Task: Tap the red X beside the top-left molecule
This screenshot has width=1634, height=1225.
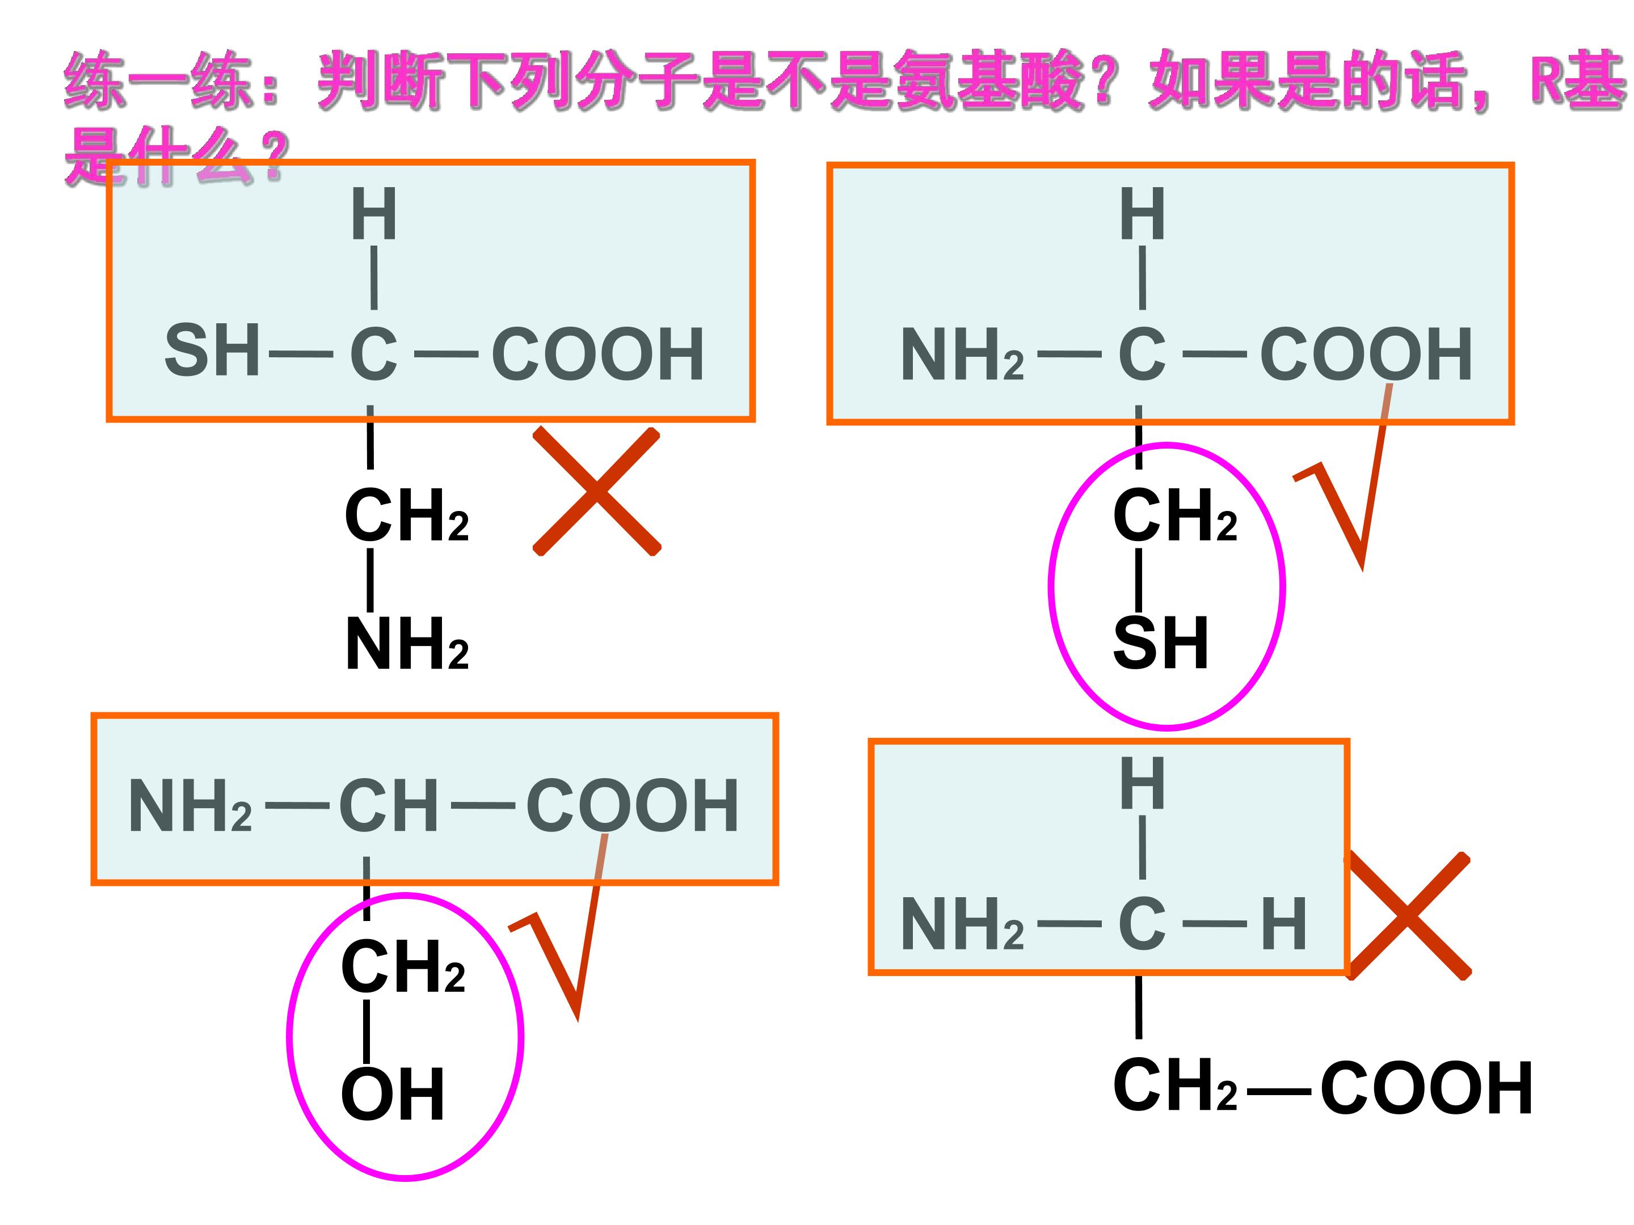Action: click(x=597, y=491)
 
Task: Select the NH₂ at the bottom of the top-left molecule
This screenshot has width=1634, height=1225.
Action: click(x=407, y=644)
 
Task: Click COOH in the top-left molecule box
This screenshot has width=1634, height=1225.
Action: click(x=597, y=354)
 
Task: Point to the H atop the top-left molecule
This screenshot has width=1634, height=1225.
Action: click(x=374, y=214)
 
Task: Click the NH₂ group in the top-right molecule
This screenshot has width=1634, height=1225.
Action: click(x=962, y=354)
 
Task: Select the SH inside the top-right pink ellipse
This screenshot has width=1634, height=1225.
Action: click(x=1160, y=643)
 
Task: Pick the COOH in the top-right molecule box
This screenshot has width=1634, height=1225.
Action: click(x=1366, y=354)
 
